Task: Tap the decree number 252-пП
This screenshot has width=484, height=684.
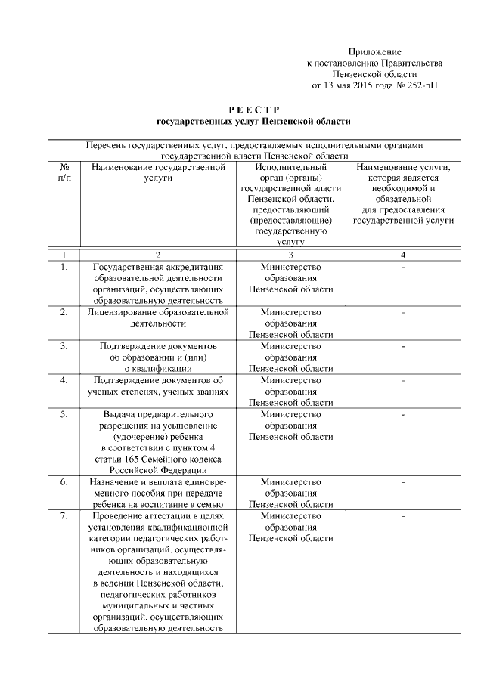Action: coord(419,85)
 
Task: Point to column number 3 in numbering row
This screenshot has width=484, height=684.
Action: coord(290,255)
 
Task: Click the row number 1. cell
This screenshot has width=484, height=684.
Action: coord(64,267)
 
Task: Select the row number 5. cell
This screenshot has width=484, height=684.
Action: coord(64,414)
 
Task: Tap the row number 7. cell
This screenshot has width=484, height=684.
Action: coord(64,515)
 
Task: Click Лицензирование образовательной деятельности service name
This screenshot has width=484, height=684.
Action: coord(157,317)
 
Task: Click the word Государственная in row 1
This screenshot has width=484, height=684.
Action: coord(135,267)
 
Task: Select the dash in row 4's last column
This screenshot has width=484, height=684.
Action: coord(403,380)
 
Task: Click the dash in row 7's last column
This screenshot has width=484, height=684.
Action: coord(403,515)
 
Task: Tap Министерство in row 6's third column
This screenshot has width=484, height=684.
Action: coord(290,481)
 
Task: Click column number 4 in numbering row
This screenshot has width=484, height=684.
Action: coord(403,255)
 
